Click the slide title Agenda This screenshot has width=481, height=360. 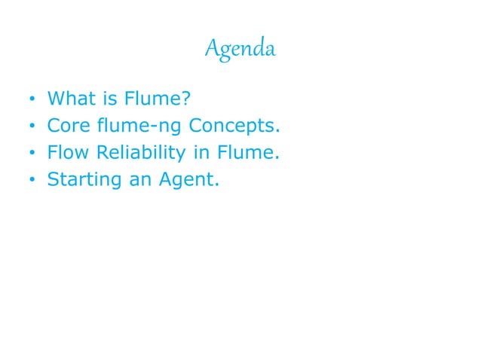point(240,50)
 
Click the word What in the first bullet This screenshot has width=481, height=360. point(69,98)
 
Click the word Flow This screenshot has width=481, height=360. point(68,153)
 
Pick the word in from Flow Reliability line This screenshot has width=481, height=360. point(200,153)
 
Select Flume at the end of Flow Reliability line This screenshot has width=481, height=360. point(246,153)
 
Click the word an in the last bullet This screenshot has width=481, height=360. point(136,181)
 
